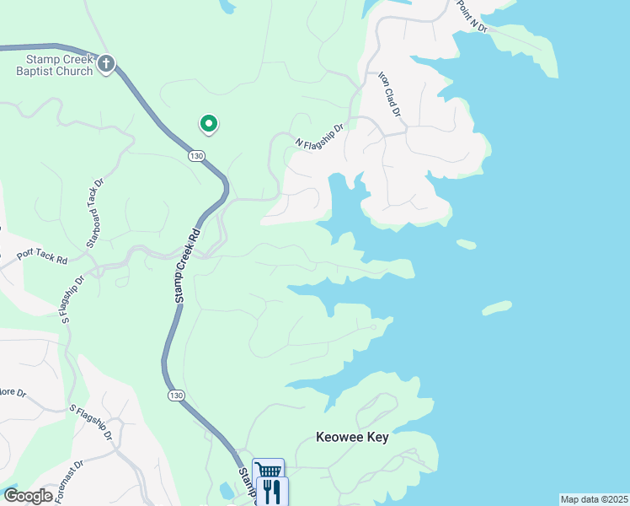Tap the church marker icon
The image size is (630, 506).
click(x=106, y=63)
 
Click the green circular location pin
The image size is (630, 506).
click(x=208, y=124)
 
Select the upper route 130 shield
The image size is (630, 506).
click(x=196, y=156)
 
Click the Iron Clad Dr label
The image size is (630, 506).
click(x=390, y=94)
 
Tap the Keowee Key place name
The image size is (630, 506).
click(x=352, y=437)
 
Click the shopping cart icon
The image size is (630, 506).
click(x=268, y=471)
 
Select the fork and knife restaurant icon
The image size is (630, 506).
click(x=271, y=490)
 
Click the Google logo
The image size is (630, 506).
click(x=28, y=497)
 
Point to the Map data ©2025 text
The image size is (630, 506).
click(x=594, y=499)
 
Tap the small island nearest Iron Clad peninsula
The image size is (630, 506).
click(x=466, y=245)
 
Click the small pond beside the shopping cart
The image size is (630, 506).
click(x=225, y=490)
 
